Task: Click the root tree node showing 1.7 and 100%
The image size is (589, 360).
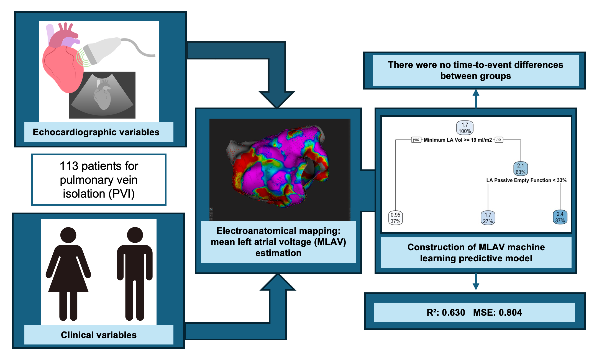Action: tap(465, 128)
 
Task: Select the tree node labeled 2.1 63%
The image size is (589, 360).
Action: tap(521, 169)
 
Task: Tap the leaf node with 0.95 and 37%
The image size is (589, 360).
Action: tap(395, 218)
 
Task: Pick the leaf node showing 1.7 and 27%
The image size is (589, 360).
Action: tap(488, 218)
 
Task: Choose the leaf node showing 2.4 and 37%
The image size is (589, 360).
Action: tap(560, 217)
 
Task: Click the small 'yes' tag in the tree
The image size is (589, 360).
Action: tap(416, 140)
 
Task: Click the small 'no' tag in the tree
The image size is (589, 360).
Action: tap(499, 140)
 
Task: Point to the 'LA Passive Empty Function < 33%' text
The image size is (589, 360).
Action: tap(526, 180)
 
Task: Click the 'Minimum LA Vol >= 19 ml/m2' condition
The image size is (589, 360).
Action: tap(458, 140)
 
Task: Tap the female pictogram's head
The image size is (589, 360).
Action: tap(68, 235)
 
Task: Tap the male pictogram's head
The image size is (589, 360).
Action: tap(135, 235)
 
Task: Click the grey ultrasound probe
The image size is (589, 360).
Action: tap(103, 50)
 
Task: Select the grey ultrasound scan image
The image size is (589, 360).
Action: tap(102, 95)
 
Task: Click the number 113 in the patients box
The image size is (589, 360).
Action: tap(69, 166)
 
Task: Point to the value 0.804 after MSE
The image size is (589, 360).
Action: tap(510, 313)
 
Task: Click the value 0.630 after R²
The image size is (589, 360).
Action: tap(454, 313)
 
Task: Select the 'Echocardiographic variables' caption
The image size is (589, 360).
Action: tap(96, 132)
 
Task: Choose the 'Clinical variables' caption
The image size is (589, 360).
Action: tap(99, 335)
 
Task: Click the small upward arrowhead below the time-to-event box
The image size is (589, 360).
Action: tap(476, 93)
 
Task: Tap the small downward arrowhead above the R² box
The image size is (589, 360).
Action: tap(476, 287)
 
